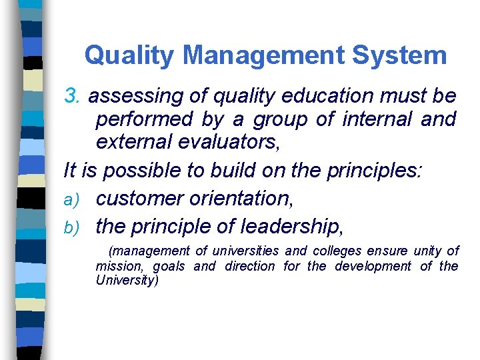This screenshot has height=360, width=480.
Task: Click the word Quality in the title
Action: coord(126,55)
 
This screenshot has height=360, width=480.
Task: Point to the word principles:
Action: coord(373,170)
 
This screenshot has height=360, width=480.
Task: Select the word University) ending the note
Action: coord(127,281)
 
